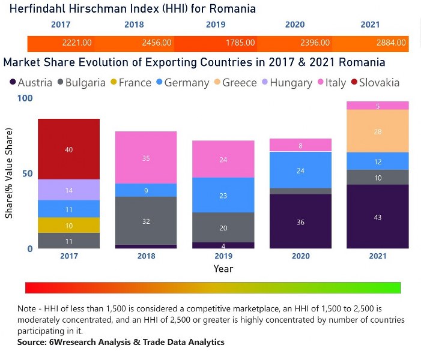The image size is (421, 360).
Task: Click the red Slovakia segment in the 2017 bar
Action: tap(68, 149)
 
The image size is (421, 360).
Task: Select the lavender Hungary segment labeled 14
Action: tap(68, 190)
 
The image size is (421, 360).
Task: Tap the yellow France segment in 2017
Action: tap(68, 225)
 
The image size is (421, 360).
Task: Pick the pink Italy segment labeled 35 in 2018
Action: tap(146, 158)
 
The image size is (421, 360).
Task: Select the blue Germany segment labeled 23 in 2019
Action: tap(223, 195)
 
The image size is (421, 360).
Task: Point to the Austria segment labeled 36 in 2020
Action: tap(300, 221)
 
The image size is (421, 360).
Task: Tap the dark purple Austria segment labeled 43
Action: tap(378, 217)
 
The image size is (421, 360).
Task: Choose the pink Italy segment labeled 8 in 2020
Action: tap(300, 145)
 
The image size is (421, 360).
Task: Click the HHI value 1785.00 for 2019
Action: tap(238, 43)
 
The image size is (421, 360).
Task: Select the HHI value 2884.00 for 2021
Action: tap(390, 43)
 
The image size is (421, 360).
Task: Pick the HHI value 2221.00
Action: tap(77, 43)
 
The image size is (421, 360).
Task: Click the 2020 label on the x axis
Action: tap(300, 256)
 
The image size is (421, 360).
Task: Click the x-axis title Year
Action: tap(223, 269)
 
